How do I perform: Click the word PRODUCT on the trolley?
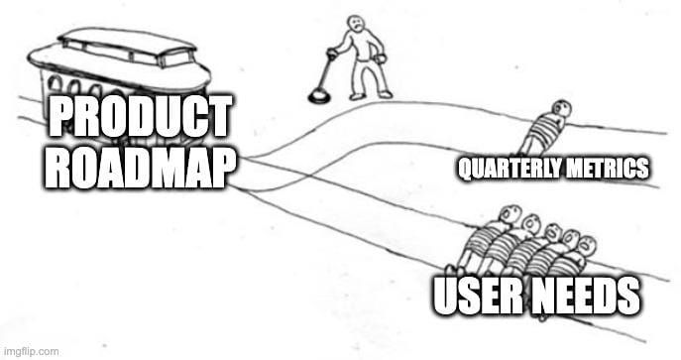coord(139,119)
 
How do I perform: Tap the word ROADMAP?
coord(139,168)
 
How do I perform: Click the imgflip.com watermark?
coord(31,350)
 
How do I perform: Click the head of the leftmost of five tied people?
coord(511,213)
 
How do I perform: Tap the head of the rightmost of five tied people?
coord(588,244)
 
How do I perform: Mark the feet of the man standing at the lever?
coord(370,94)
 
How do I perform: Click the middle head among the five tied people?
coord(551,232)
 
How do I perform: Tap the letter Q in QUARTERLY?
coord(464,169)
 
